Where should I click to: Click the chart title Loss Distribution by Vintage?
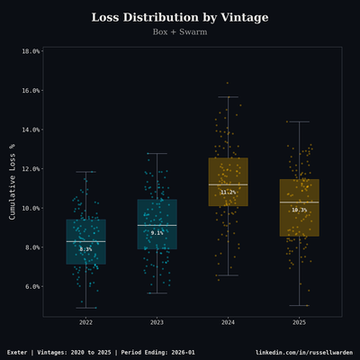[x=180, y=18]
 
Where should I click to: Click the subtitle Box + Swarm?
[x=180, y=32]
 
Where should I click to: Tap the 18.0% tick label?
[x=30, y=51]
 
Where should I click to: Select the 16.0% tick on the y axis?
[x=30, y=90]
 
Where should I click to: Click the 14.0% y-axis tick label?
[x=30, y=130]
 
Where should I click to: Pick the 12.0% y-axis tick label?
[x=30, y=168]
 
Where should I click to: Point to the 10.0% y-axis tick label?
[x=30, y=208]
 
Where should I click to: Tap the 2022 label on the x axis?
[x=85, y=322]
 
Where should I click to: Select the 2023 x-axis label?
[x=157, y=322]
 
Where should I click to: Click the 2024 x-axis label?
[x=228, y=322]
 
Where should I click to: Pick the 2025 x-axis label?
[x=299, y=322]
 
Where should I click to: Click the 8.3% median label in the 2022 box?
[x=85, y=249]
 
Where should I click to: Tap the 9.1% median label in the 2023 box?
[x=157, y=233]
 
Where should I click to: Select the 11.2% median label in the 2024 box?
[x=228, y=193]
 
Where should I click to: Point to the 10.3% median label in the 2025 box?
[x=299, y=210]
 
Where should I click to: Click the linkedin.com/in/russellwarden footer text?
[x=304, y=352]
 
